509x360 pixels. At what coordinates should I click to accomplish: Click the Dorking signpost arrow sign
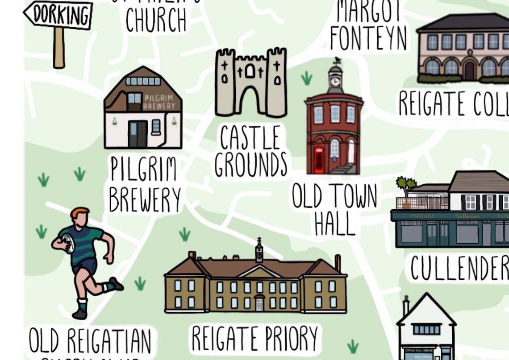pyautogui.click(x=58, y=15)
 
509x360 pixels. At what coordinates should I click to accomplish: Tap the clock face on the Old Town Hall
pyautogui.click(x=335, y=82)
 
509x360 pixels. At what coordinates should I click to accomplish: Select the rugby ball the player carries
pyautogui.click(x=67, y=243)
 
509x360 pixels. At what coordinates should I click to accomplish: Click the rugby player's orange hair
pyautogui.click(x=79, y=213)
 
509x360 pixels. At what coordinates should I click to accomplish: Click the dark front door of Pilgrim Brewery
pyautogui.click(x=138, y=134)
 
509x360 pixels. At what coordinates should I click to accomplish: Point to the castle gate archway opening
pyautogui.click(x=250, y=100)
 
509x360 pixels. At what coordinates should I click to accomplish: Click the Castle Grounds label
pyautogui.click(x=250, y=151)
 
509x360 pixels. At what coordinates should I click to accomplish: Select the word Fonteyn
pyautogui.click(x=368, y=38)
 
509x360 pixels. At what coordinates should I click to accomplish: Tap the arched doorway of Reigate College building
pyautogui.click(x=469, y=70)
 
